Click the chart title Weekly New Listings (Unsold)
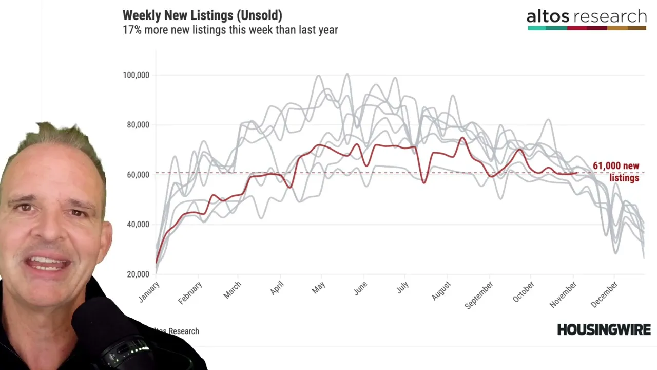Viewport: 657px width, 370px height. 202,15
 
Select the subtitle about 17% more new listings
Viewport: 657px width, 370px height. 230,30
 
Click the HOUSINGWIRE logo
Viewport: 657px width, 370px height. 604,329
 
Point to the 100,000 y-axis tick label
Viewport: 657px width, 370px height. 136,75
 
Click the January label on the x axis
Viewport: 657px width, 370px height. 149,292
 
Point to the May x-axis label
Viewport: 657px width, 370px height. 319,288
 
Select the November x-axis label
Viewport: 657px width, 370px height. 563,294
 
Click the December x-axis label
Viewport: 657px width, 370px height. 604,294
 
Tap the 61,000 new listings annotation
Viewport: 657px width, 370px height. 616,172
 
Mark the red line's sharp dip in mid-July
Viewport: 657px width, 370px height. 424,182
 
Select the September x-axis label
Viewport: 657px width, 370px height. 479,295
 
